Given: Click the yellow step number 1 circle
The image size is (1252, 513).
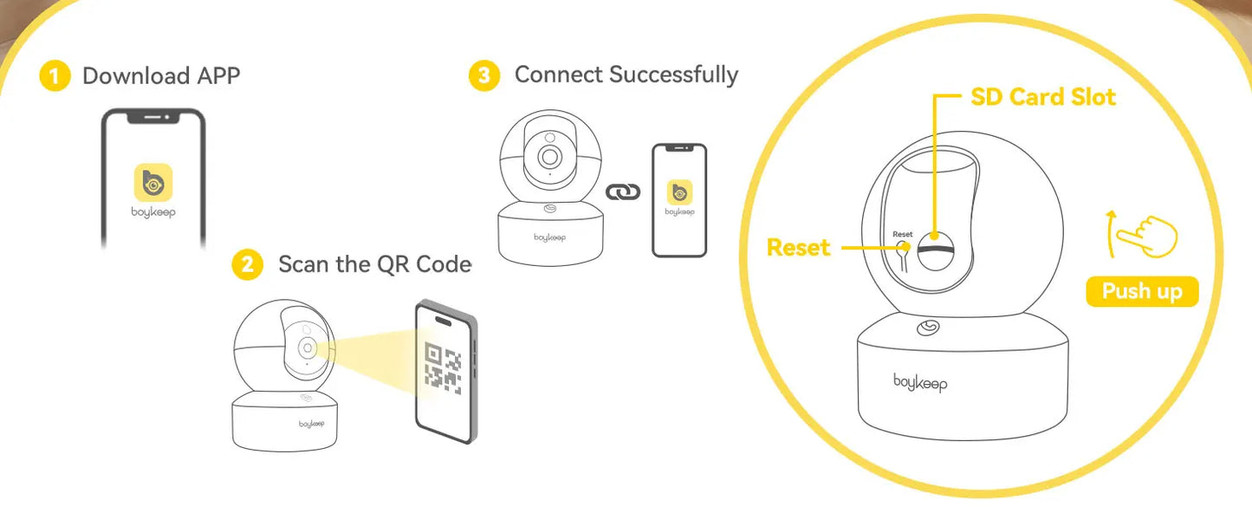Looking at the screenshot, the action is tap(55, 75).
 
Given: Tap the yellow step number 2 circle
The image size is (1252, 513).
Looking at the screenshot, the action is tap(248, 263).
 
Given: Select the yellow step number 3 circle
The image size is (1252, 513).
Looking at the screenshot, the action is tap(484, 75).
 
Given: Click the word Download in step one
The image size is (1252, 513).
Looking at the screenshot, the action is tap(136, 76).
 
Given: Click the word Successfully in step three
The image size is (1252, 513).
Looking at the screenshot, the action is tap(673, 75).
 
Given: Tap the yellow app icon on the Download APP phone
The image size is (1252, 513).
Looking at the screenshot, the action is tap(153, 182).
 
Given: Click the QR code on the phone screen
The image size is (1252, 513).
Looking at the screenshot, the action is tap(444, 367).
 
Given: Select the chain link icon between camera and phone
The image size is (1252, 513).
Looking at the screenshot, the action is tap(623, 192).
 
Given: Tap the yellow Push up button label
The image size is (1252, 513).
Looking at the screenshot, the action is tap(1142, 291).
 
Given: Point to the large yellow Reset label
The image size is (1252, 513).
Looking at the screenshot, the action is tap(798, 248).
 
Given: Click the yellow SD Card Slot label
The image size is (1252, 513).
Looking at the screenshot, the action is tap(1043, 97).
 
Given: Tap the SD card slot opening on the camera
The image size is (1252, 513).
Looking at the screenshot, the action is tap(936, 250).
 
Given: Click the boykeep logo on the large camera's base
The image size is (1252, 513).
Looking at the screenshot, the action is tap(920, 383).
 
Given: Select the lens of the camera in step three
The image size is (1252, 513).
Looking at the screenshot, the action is tap(550, 157).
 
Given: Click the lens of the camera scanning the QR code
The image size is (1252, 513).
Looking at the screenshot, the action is tap(307, 348).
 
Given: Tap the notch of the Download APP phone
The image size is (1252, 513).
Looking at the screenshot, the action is tap(153, 117).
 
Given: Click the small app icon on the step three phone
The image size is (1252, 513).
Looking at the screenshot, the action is tap(679, 192).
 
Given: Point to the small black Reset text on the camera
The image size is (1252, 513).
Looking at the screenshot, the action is tap(902, 234).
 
